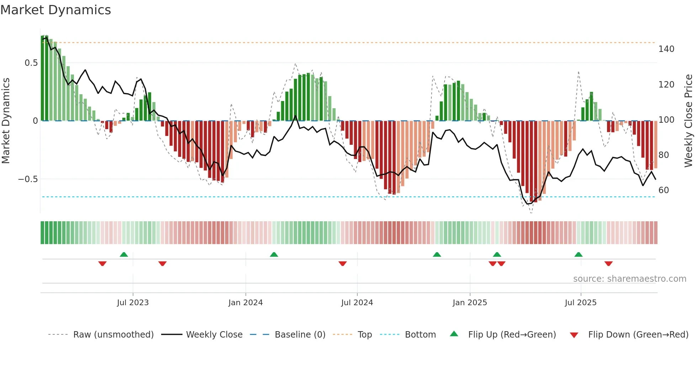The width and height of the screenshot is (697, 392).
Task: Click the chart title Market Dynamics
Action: click(x=55, y=10)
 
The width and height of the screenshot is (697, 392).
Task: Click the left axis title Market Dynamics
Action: click(x=6, y=121)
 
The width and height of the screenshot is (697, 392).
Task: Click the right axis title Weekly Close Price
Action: click(x=688, y=121)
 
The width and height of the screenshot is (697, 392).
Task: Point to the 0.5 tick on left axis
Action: click(x=31, y=63)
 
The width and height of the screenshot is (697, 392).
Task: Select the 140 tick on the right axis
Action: click(x=666, y=49)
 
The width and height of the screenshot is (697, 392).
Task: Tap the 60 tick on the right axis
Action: click(x=664, y=190)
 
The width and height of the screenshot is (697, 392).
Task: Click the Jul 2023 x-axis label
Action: click(x=133, y=303)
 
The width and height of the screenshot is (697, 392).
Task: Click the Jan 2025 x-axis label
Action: click(x=469, y=303)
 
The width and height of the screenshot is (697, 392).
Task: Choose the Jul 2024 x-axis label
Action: click(x=357, y=303)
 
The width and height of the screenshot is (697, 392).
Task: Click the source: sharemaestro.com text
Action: click(x=629, y=279)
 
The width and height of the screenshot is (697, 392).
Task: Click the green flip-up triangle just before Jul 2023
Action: click(x=124, y=255)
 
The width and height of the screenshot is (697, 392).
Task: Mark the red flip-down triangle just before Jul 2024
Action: click(x=342, y=264)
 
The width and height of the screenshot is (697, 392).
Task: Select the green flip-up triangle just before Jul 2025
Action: click(x=578, y=255)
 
